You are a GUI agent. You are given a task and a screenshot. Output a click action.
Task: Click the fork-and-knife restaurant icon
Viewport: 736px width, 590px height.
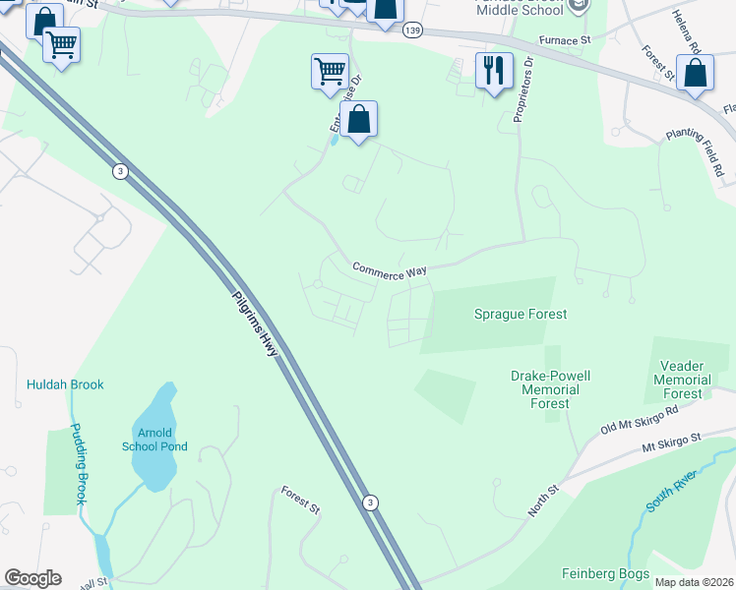494,70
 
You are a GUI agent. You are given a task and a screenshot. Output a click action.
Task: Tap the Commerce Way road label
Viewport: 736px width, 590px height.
391,269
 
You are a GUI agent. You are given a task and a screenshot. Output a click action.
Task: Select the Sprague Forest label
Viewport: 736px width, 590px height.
521,314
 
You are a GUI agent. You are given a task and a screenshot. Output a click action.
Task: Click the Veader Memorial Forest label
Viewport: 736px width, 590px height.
682,380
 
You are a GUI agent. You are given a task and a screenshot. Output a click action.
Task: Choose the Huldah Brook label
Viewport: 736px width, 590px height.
65,384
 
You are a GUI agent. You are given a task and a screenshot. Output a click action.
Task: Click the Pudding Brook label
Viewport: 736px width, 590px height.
76,464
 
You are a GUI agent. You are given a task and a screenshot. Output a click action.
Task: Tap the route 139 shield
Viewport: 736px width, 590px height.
413,31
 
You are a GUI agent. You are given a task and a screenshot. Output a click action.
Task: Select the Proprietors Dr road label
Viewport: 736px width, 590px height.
521,89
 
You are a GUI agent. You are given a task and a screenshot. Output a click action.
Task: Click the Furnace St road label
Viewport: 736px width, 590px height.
564,40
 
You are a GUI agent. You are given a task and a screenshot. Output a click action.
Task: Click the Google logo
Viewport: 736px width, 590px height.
32,578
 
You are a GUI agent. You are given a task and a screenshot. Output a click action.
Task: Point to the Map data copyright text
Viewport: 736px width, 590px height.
694,582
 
